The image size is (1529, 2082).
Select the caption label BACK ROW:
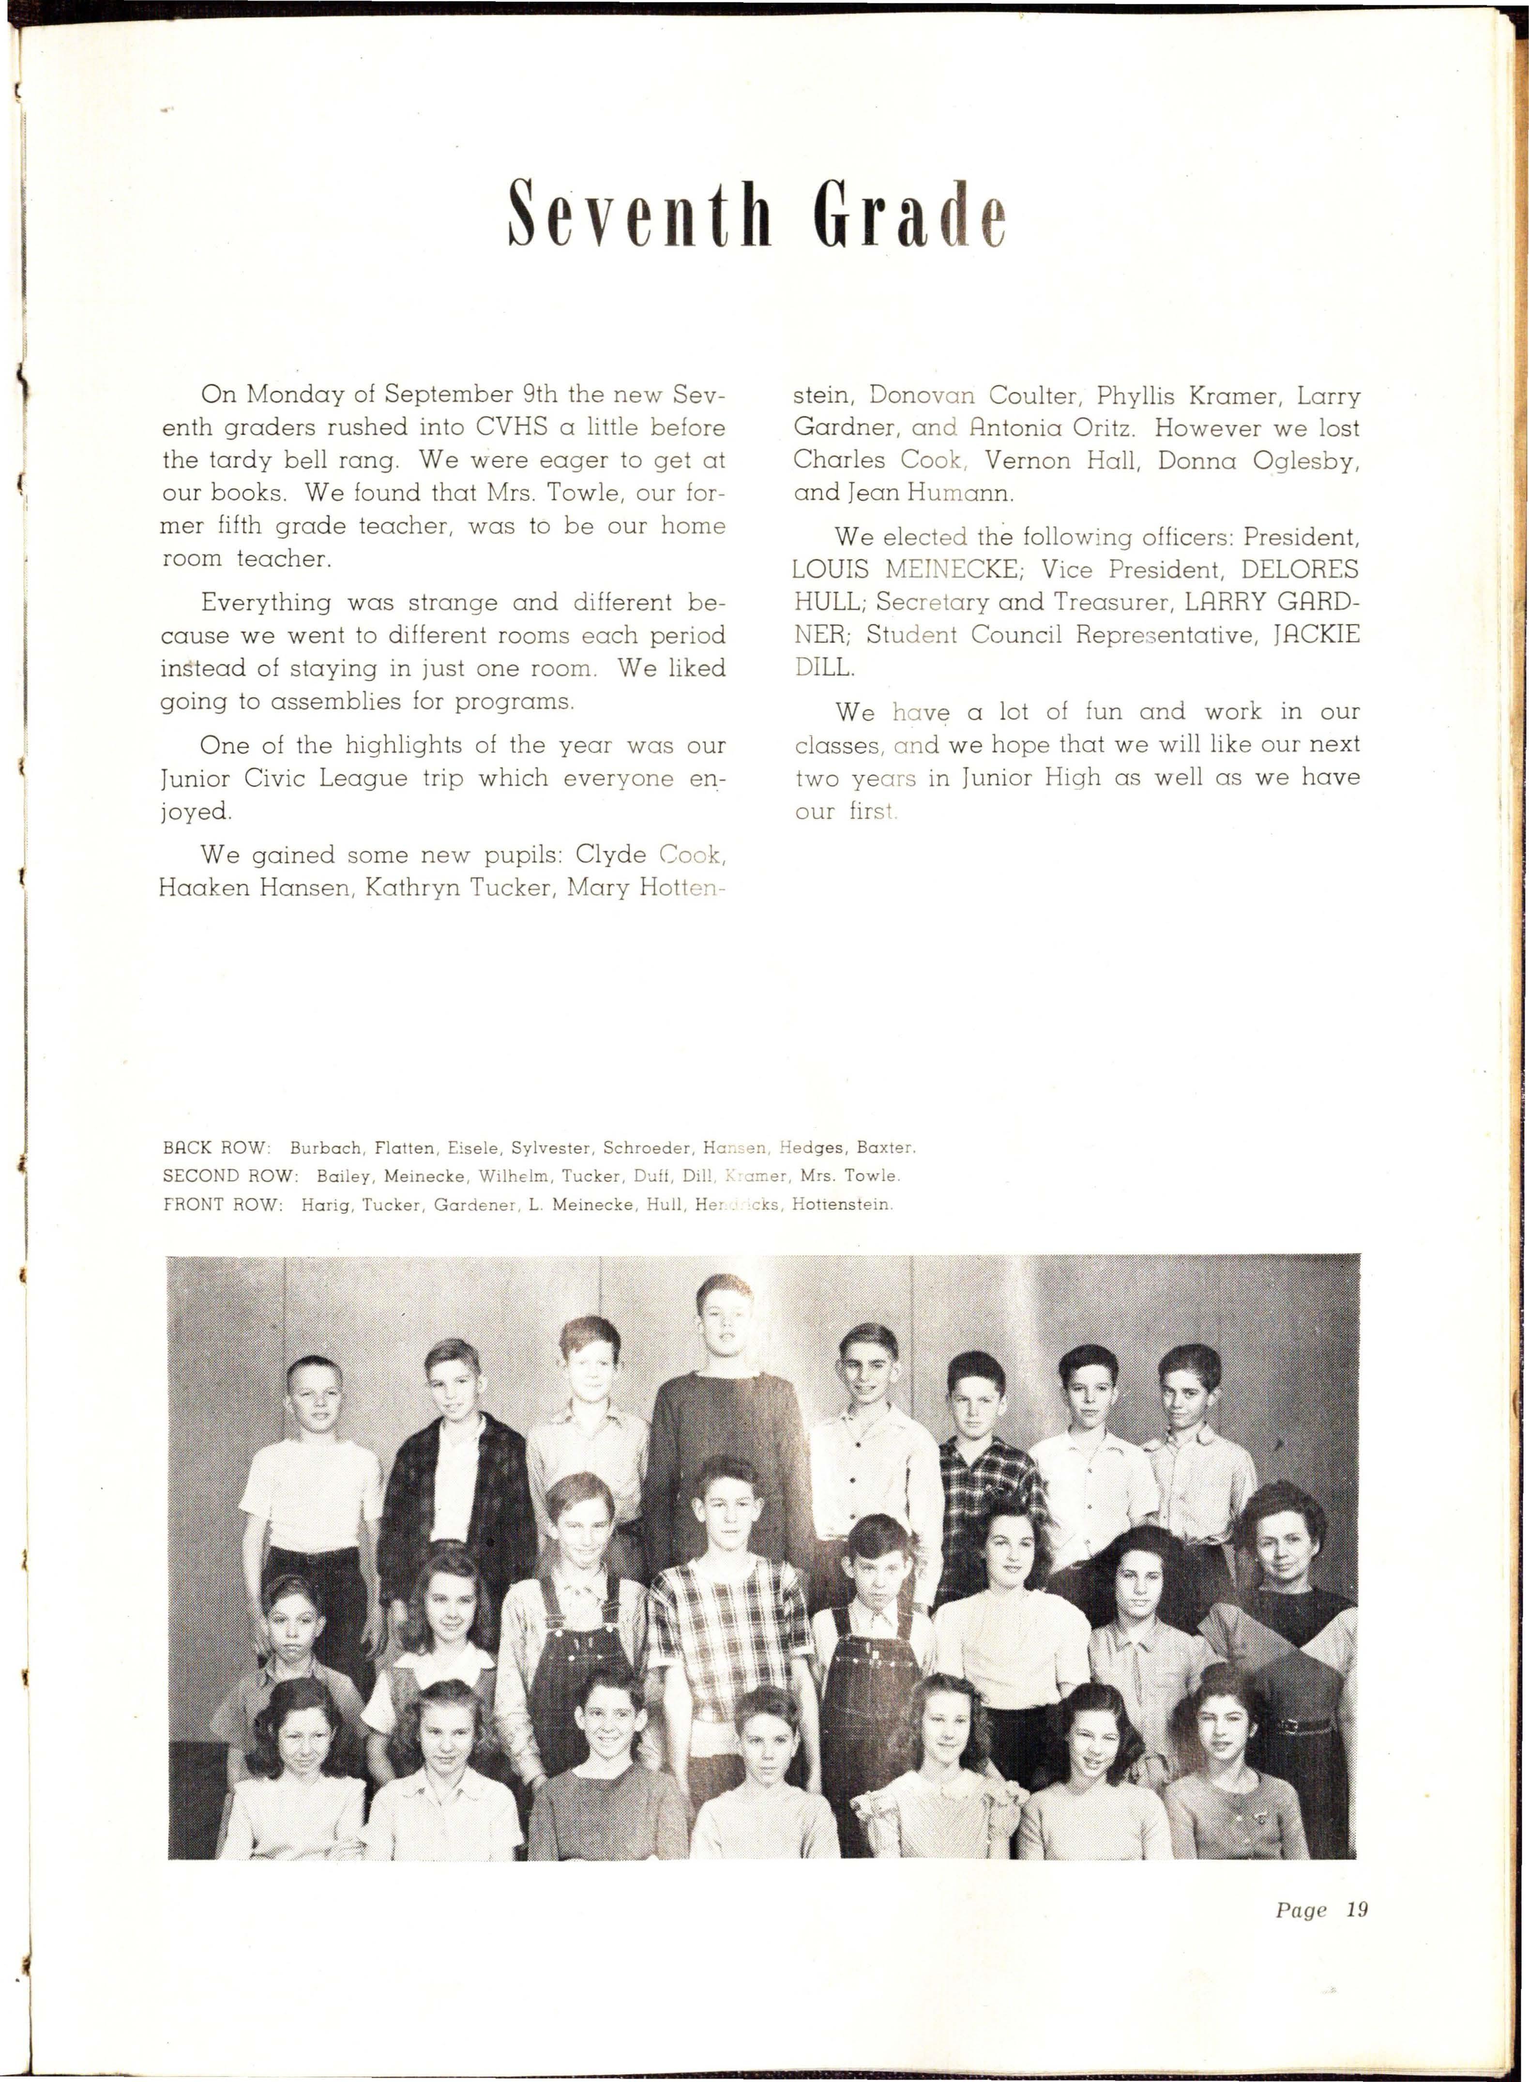pyautogui.click(x=216, y=1148)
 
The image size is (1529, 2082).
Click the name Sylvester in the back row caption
pyautogui.click(x=552, y=1148)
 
